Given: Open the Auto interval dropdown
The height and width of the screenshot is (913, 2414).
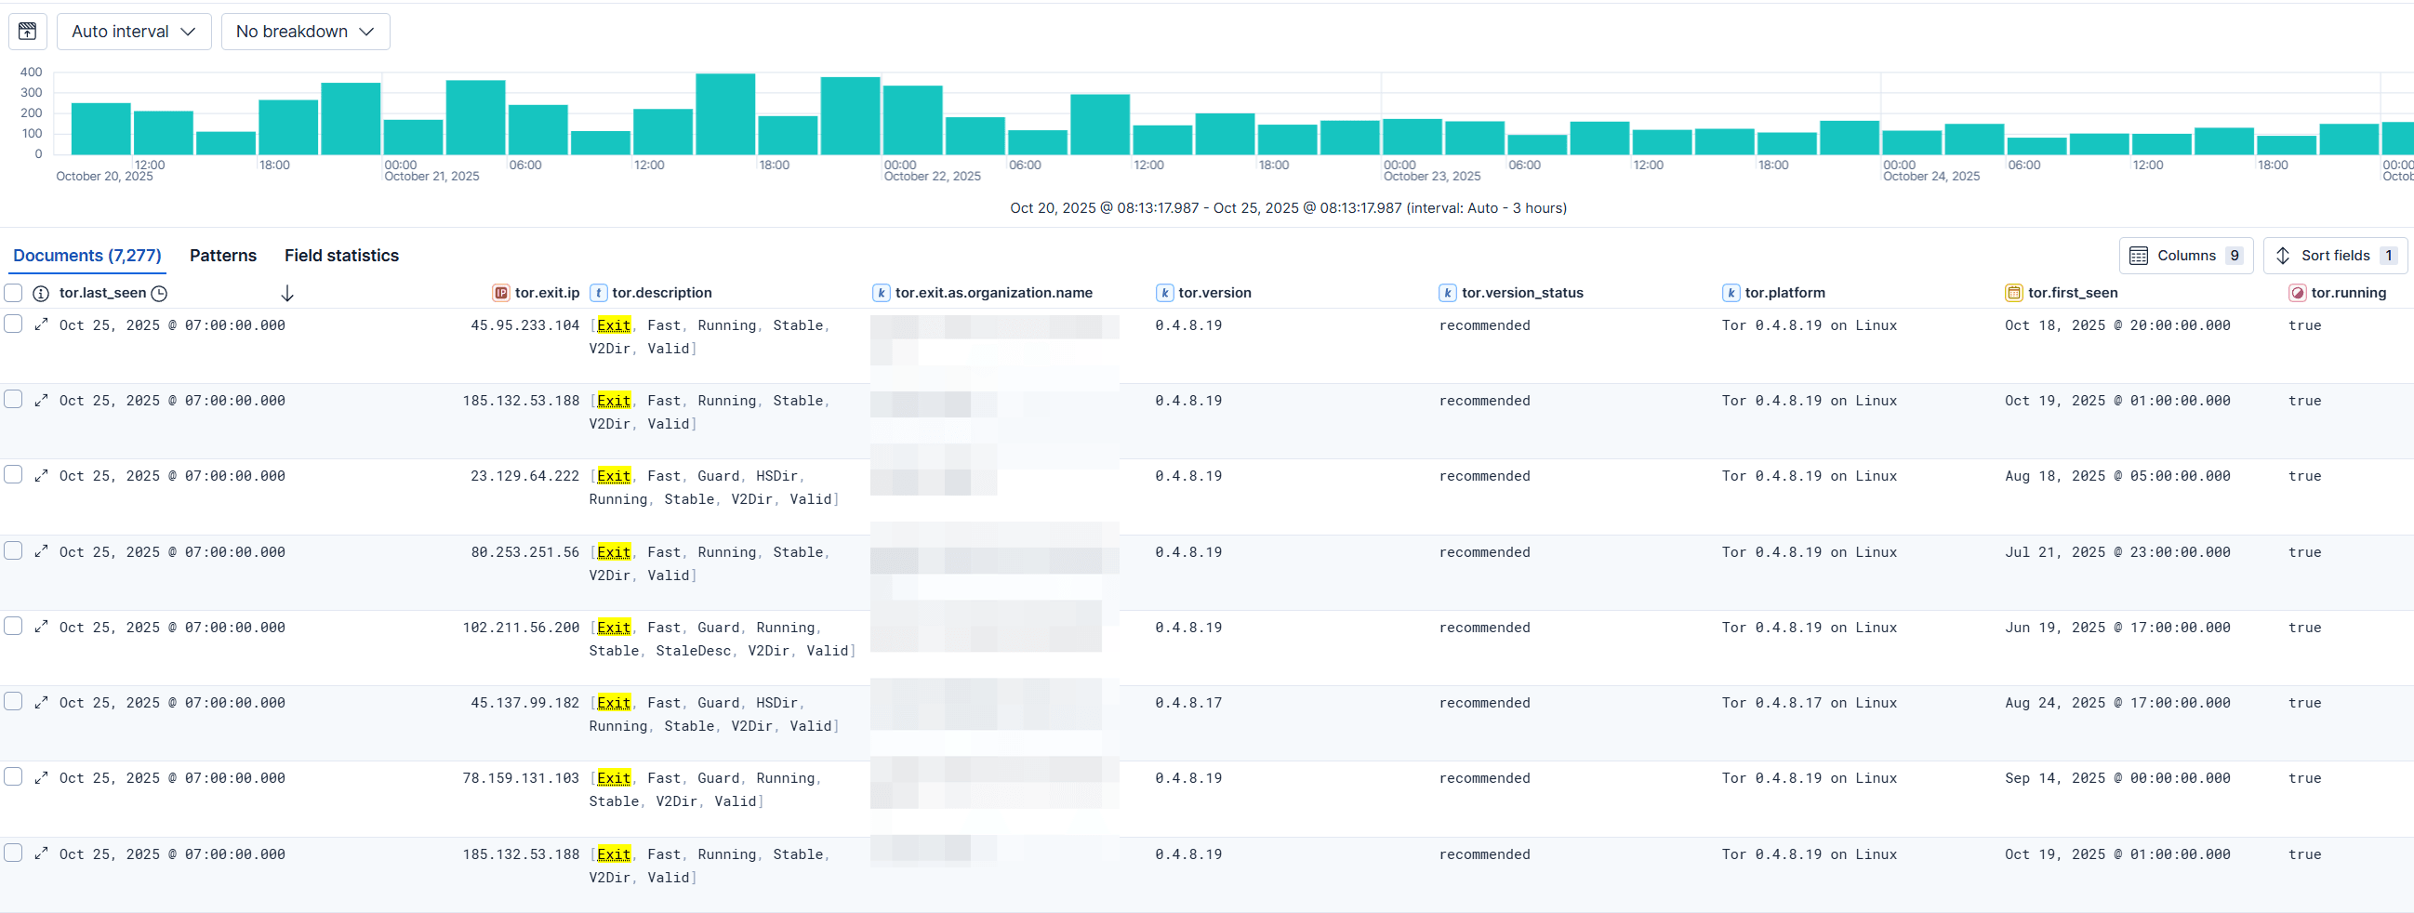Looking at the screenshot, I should coord(133,32).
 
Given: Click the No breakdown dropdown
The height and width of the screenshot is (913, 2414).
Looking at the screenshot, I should coord(305,32).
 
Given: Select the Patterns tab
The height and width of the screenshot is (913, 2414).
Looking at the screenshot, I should coord(223,256).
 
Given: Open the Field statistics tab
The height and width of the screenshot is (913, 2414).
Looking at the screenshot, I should coord(341,256).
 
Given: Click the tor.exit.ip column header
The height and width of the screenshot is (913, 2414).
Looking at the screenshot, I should coord(547,294).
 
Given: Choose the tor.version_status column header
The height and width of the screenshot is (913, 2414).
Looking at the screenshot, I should coord(1522,294).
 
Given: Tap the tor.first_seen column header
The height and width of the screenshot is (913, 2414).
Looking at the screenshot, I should coord(2072,294).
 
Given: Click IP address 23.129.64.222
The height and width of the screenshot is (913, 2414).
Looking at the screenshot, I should coord(524,476).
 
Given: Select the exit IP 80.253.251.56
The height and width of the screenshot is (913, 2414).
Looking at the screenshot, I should coord(524,552).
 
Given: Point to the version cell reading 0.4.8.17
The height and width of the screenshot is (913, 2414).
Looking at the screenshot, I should coord(1188,703).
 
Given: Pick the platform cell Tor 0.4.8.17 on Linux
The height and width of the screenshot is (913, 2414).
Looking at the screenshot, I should coord(1809,703).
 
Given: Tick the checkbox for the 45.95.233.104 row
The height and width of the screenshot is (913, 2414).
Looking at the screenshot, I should coord(13,324).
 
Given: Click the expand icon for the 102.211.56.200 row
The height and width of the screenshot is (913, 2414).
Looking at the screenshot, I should coord(41,627).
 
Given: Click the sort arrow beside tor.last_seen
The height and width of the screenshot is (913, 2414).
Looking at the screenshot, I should coord(287,294).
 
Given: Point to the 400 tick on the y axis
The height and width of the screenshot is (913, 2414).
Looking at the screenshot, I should coord(31,73).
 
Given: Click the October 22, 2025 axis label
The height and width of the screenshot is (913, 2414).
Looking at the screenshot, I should coord(932,177).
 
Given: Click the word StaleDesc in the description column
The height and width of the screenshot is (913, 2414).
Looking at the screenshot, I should coord(693,651).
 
